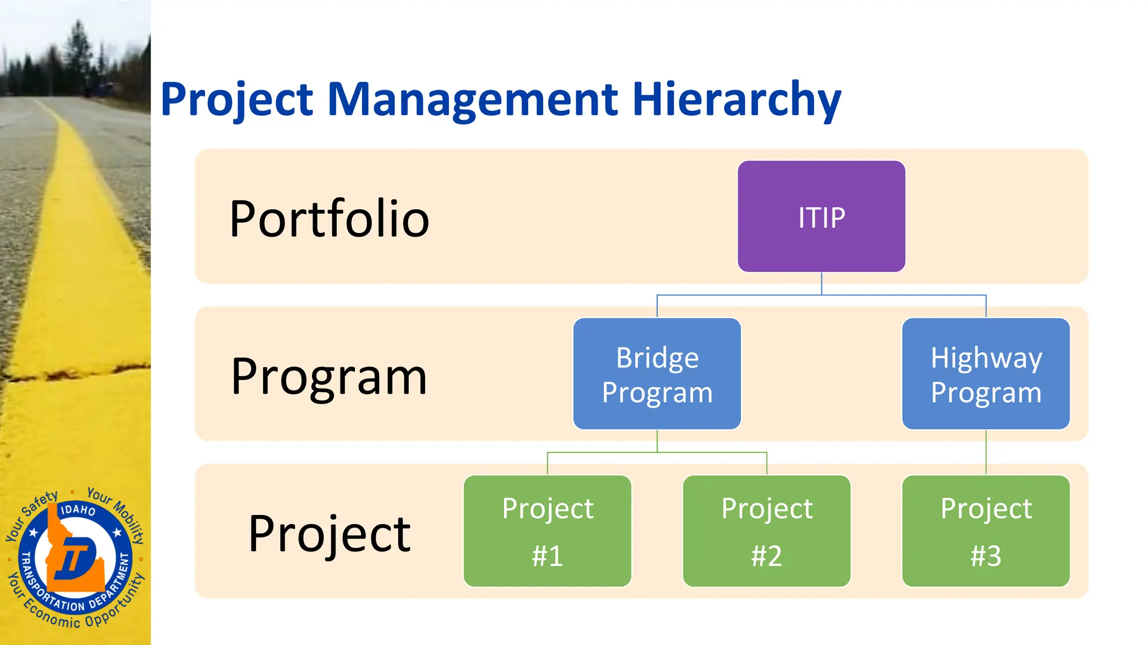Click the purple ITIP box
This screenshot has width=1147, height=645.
pyautogui.click(x=821, y=217)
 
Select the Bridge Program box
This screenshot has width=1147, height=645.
pyautogui.click(x=657, y=373)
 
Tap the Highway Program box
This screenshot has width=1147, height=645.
pyautogui.click(x=986, y=373)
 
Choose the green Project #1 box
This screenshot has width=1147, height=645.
pyautogui.click(x=547, y=531)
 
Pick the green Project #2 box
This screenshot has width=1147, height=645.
pyautogui.click(x=766, y=531)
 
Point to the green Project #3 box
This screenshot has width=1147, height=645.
pyautogui.click(x=986, y=531)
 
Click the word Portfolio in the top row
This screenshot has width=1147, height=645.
pyautogui.click(x=329, y=219)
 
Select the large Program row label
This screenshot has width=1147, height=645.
pyautogui.click(x=329, y=377)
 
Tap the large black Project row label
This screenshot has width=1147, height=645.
pyautogui.click(x=329, y=534)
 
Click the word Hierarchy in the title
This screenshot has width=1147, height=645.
pyautogui.click(x=736, y=100)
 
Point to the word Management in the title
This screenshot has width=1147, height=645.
pyautogui.click(x=472, y=100)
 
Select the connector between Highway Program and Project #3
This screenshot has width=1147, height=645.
pyautogui.click(x=986, y=452)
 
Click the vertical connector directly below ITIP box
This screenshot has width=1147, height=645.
pyautogui.click(x=821, y=283)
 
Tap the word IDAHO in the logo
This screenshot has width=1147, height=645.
pyautogui.click(x=78, y=510)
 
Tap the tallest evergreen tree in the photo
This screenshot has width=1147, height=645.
pyautogui.click(x=78, y=50)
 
